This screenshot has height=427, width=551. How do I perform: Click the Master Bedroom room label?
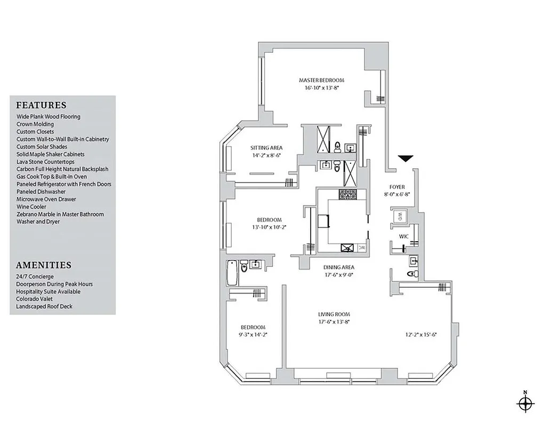coord(321,81)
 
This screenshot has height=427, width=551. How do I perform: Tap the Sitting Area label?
coord(266,148)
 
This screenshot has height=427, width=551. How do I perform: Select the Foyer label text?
coord(397,187)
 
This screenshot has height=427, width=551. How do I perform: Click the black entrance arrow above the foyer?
coord(406,159)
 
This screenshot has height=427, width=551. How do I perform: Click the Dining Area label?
coord(338,267)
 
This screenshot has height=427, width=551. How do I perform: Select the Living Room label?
coord(334,314)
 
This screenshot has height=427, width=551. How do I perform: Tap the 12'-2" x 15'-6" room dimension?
coord(421,335)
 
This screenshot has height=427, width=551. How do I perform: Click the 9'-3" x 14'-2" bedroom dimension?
coord(253,335)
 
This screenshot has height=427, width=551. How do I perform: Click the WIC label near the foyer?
coord(403,236)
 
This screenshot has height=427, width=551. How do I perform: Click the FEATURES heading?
coord(41,105)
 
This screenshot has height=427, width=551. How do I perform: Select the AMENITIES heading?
coord(44,265)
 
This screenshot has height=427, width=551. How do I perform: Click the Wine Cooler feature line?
coord(31,207)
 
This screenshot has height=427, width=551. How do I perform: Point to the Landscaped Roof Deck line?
coord(44,306)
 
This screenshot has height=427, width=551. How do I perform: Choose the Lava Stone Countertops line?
coord(45,162)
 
